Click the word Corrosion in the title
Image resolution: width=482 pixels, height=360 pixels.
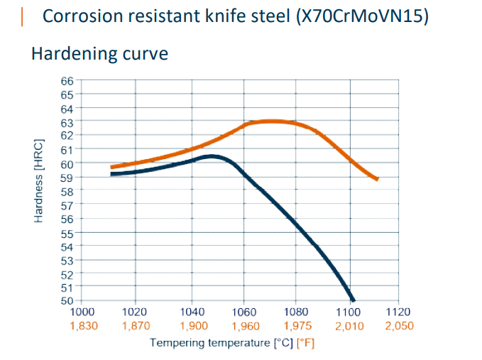coord(77,16)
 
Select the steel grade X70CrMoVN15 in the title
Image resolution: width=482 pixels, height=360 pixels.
coord(363,16)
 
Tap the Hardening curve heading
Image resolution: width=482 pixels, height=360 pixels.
coord(99,54)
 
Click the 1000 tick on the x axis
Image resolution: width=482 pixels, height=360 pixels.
coord(83,312)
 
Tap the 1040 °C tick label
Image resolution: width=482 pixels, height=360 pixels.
coord(192,312)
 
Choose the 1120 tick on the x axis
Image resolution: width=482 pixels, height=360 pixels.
coord(398,312)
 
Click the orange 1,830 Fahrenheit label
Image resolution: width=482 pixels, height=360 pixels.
coord(83,326)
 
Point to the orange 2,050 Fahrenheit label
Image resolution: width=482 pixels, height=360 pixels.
coord(398,326)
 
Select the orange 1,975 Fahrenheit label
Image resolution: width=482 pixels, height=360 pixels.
coord(297,326)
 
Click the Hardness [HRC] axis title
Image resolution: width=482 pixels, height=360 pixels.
coord(40,180)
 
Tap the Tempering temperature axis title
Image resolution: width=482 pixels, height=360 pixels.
coord(211,344)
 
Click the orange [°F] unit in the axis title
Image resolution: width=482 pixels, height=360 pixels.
coord(305,344)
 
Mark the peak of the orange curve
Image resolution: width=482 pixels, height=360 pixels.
coord(270,121)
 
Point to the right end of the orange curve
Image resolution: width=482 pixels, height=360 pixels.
coord(377,179)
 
